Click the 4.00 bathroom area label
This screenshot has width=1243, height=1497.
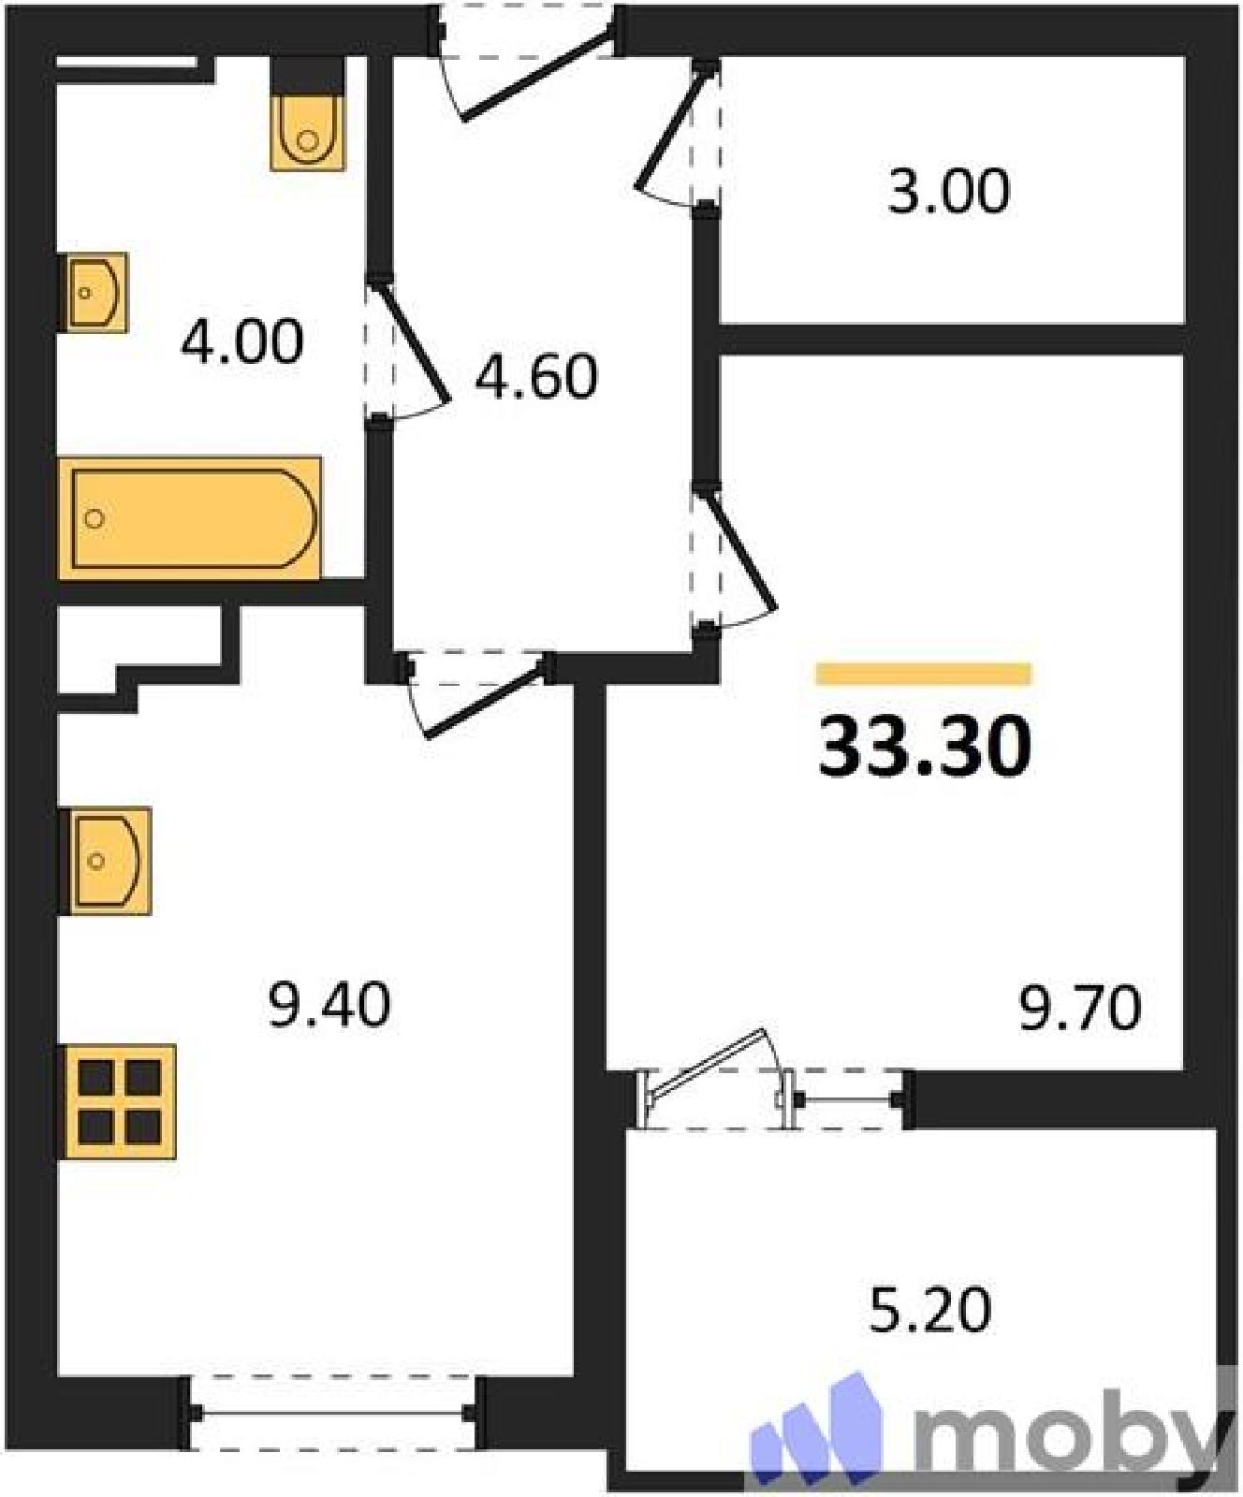pos(242,342)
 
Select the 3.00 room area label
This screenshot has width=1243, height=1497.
pos(949,192)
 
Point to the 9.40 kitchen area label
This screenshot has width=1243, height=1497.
pos(329,1007)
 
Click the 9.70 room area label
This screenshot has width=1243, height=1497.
pos(1080,1010)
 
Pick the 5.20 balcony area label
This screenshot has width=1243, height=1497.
pos(930,1310)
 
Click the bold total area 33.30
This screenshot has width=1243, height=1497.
pos(925,747)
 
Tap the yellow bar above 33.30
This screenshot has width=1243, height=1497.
pos(924,674)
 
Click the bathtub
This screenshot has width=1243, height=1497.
pos(190,518)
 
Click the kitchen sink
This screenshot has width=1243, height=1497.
pos(104,861)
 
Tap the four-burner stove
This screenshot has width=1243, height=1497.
pos(118,1101)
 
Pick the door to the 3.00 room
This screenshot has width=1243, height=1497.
pos(671,129)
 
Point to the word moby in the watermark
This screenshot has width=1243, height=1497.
pos(1067,1421)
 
